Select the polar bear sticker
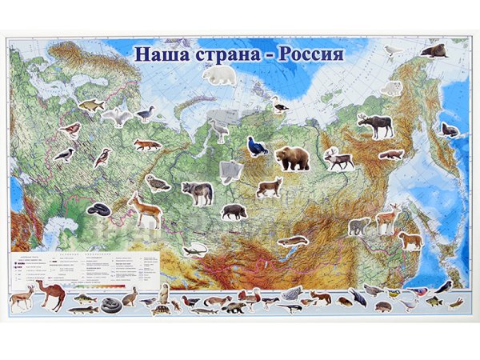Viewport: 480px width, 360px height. (x=218, y=75)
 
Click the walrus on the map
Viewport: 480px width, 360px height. (x=433, y=51)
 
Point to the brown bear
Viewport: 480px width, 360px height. (x=292, y=158)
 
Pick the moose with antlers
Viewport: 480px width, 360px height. (x=374, y=126)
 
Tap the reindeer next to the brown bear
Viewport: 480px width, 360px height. (x=338, y=158)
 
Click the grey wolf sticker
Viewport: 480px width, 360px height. (x=197, y=192)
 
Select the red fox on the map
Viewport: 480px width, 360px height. (x=147, y=145)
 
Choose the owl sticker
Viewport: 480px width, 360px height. (x=158, y=182)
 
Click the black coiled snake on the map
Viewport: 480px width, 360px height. (x=98, y=210)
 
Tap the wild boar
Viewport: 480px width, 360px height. (x=234, y=211)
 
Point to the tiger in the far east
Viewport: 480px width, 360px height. (x=410, y=240)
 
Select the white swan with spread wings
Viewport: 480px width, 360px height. (x=118, y=116)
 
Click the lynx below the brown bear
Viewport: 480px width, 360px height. (x=269, y=188)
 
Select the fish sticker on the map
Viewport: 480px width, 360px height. (x=91, y=104)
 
